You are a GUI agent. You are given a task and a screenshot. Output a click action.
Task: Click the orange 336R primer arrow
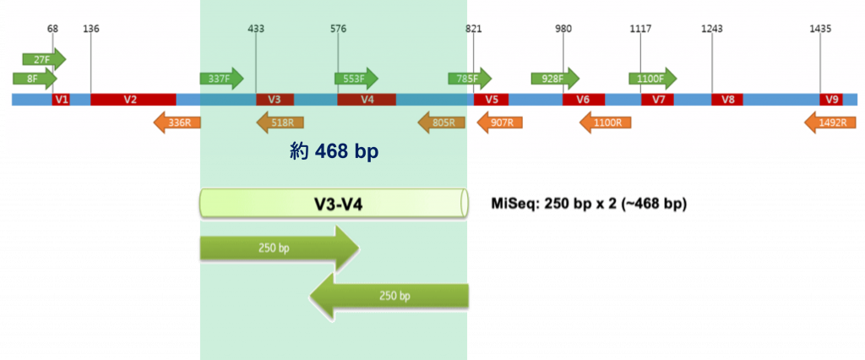coord(177,123)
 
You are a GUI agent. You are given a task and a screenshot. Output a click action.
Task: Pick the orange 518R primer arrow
coord(280,123)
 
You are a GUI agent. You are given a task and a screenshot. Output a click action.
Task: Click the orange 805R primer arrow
coord(441,123)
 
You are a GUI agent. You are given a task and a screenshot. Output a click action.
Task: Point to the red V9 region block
coord(832,99)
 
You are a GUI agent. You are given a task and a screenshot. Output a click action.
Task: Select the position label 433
coord(256,29)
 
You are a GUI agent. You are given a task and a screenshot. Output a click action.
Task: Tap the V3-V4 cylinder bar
coord(334,204)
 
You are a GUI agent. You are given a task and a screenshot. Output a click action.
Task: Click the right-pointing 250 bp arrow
coord(280,249)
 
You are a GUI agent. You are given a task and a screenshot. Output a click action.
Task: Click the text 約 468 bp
coord(334,151)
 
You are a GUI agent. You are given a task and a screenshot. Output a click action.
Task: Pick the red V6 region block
coord(583,99)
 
